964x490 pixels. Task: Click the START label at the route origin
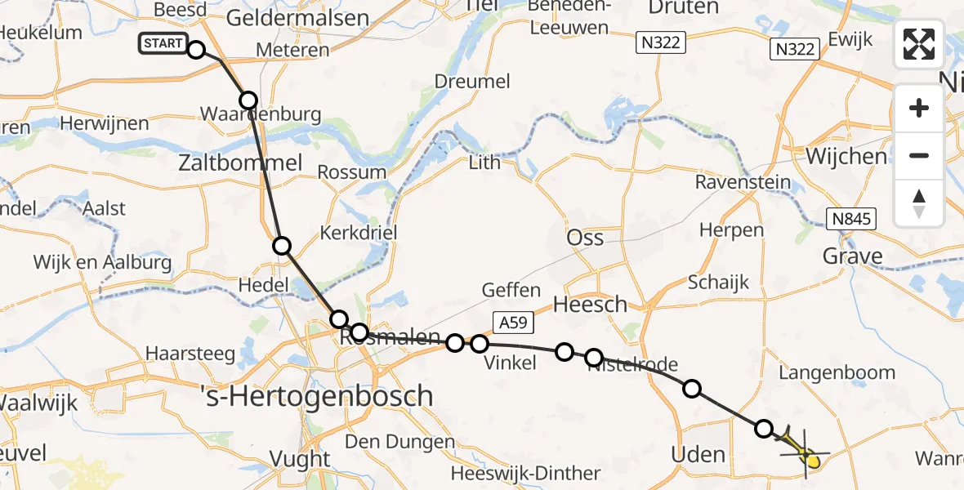(163, 43)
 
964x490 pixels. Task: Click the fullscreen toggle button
(919, 44)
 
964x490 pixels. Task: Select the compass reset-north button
(919, 203)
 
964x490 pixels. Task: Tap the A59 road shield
(512, 323)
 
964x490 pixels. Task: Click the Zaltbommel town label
(240, 163)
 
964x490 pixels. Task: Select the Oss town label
(585, 238)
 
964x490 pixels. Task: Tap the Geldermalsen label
(299, 17)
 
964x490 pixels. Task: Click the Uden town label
(697, 454)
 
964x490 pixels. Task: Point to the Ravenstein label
(743, 182)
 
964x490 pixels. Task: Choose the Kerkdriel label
(359, 233)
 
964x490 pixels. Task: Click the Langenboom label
(837, 373)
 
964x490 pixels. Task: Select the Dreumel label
(472, 82)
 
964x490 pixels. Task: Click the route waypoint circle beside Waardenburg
(248, 100)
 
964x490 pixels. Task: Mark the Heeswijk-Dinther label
(525, 474)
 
